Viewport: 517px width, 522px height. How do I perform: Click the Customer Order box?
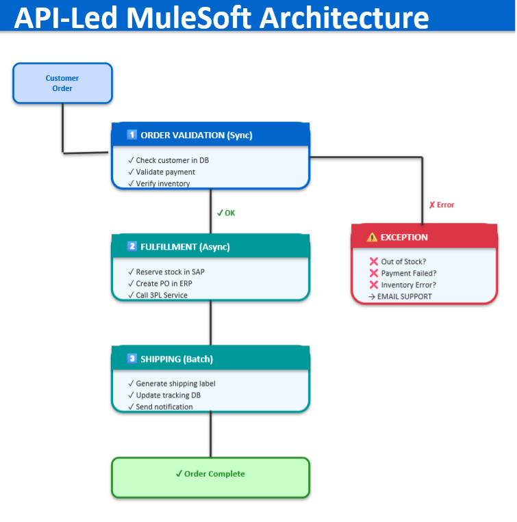pyautogui.click(x=62, y=83)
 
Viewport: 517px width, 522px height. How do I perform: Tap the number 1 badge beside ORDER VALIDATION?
pyautogui.click(x=131, y=135)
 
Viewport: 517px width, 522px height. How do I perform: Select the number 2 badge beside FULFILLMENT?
pyautogui.click(x=131, y=246)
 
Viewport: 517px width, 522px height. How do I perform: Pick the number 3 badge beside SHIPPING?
pyautogui.click(x=131, y=358)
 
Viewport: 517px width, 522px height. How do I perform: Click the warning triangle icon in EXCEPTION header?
pyautogui.click(x=372, y=237)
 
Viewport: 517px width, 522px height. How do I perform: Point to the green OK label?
pyautogui.click(x=226, y=213)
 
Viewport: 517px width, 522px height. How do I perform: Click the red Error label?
pyautogui.click(x=442, y=205)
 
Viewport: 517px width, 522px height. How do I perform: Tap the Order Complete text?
pyautogui.click(x=210, y=473)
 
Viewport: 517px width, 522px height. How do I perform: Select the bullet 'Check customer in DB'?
pyautogui.click(x=168, y=160)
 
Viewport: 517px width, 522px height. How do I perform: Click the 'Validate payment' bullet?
pyautogui.click(x=162, y=172)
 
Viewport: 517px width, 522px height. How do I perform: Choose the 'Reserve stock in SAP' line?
pyautogui.click(x=166, y=272)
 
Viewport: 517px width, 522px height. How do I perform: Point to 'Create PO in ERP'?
pyautogui.click(x=160, y=283)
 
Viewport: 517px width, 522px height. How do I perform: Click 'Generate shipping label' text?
pyautogui.click(x=172, y=384)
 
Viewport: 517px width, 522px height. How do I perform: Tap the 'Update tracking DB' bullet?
pyautogui.click(x=164, y=395)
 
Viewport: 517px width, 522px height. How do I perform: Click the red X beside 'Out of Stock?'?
pyautogui.click(x=374, y=261)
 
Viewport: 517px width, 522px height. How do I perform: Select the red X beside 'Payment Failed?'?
pyautogui.click(x=374, y=273)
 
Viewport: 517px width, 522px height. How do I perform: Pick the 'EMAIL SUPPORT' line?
pyautogui.click(x=400, y=297)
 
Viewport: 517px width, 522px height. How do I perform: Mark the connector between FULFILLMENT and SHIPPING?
pyautogui.click(x=210, y=323)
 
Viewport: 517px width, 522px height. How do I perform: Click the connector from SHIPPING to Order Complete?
pyautogui.click(x=210, y=434)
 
